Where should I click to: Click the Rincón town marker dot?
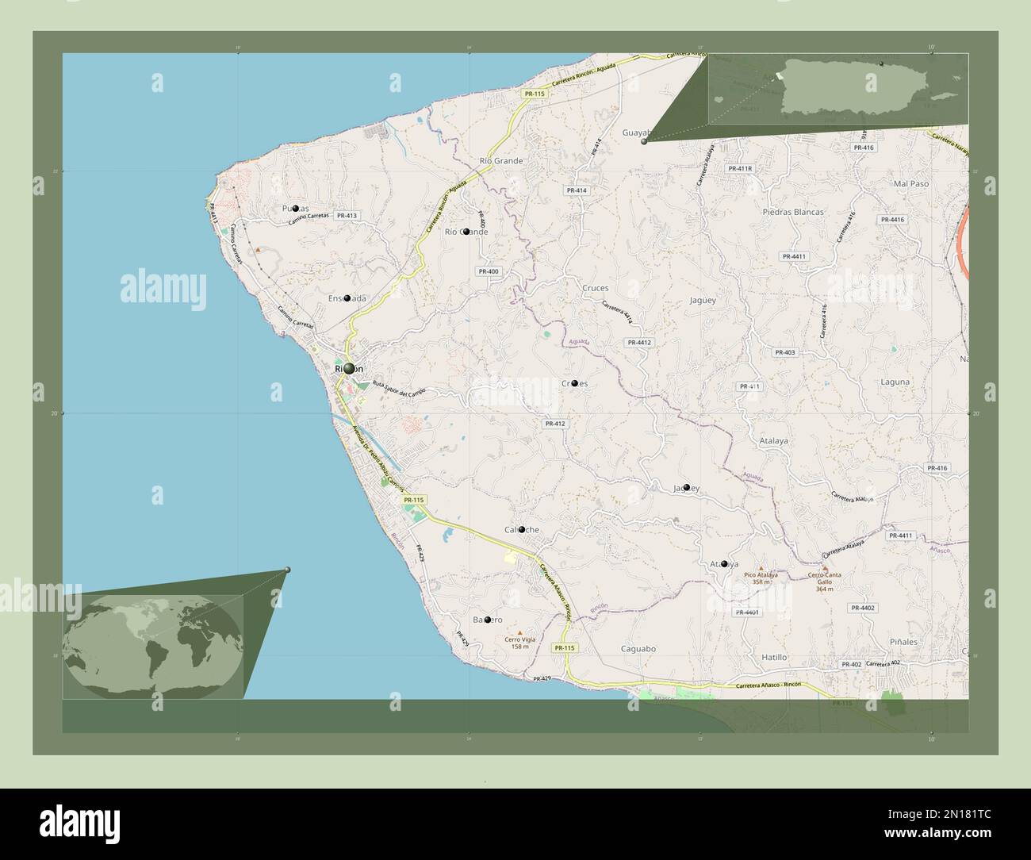tap(349, 368)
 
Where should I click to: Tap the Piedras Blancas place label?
tap(792, 212)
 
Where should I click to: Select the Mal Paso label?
tap(910, 183)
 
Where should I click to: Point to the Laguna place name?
tap(895, 382)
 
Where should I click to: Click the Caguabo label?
tap(638, 648)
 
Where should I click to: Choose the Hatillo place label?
tap(774, 657)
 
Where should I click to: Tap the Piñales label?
tap(903, 641)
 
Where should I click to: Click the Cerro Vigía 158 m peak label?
tap(519, 642)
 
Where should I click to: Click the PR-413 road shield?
tap(347, 215)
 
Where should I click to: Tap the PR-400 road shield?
tap(489, 271)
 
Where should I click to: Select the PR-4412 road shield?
tap(638, 342)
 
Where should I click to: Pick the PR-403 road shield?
tap(784, 352)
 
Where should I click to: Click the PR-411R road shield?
tap(739, 168)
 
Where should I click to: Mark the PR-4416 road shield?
tap(892, 219)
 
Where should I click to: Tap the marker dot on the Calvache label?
tap(522, 529)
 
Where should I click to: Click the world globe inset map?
tap(153, 647)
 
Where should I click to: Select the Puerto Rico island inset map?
tap(837, 88)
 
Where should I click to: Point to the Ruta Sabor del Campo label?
tap(399, 388)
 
